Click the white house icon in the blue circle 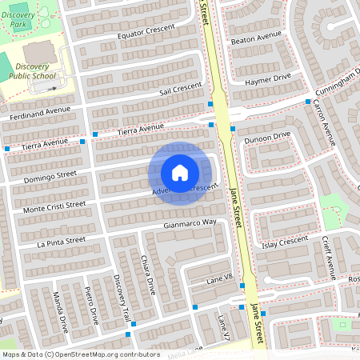click(180, 173)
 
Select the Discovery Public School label click(32, 71)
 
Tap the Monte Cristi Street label click(54, 206)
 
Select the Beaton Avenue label click(256, 38)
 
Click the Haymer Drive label click(268, 81)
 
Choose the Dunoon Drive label click(267, 138)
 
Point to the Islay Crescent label click(283, 240)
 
